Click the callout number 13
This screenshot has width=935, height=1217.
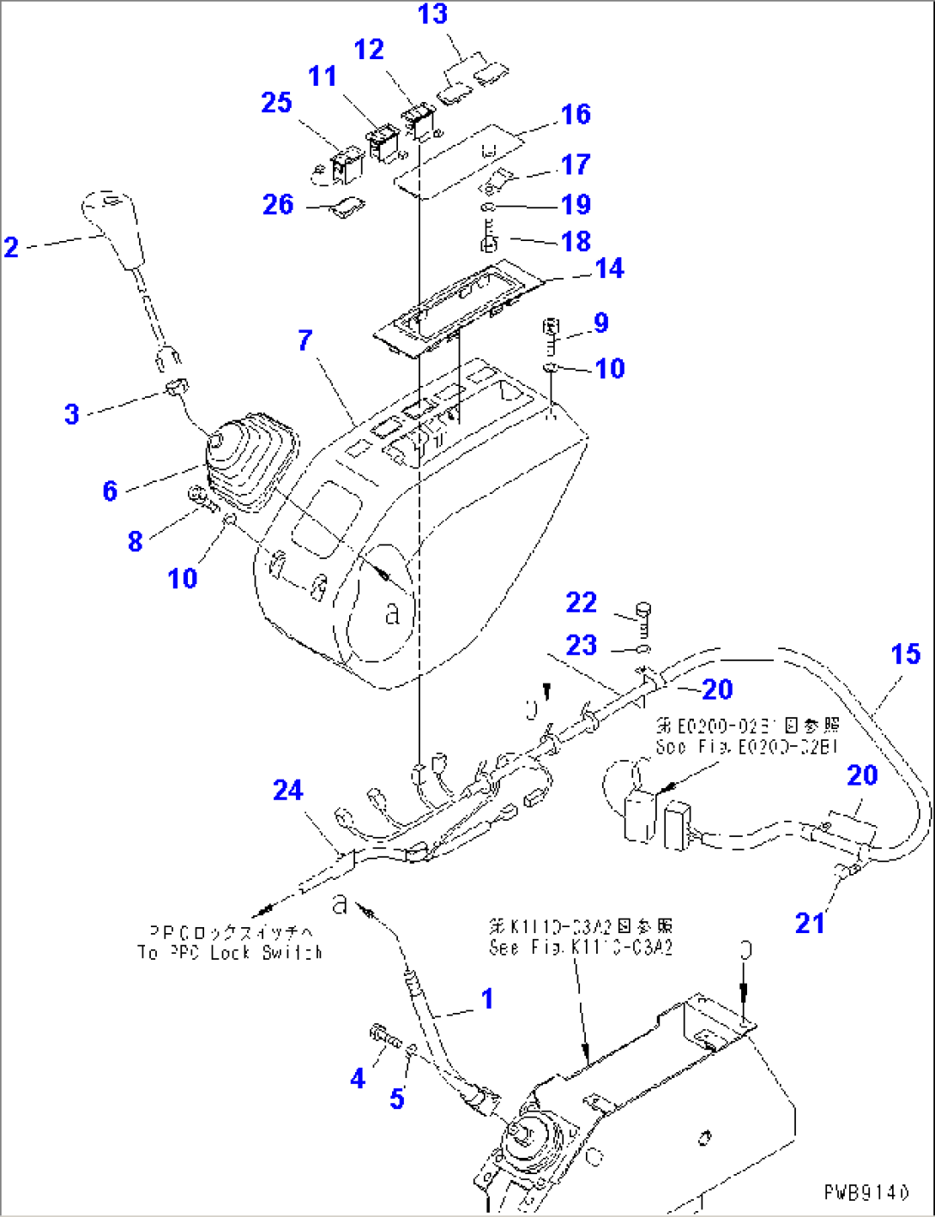tap(433, 15)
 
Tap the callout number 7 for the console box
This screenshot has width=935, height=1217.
tap(305, 340)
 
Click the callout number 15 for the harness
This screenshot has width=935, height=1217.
tap(905, 654)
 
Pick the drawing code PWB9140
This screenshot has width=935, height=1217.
tap(866, 1192)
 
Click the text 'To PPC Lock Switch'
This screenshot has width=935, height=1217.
tap(230, 952)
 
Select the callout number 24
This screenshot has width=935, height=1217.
tap(288, 790)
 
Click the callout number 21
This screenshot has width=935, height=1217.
tap(810, 923)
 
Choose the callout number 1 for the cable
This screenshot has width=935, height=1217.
tap(486, 998)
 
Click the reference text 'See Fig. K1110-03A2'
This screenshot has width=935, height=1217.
tap(581, 947)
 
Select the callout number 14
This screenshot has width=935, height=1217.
tap(609, 268)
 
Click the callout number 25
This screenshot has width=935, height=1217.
tap(276, 103)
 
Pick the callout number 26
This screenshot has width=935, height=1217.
tap(278, 204)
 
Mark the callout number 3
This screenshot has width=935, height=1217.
tap(72, 414)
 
